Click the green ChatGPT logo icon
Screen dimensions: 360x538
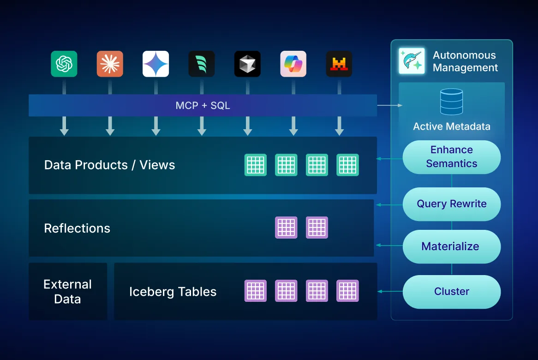click(x=64, y=64)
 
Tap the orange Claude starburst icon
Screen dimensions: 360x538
click(x=110, y=64)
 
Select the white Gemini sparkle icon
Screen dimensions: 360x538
click(x=155, y=64)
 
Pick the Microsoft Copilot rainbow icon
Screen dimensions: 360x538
click(x=293, y=64)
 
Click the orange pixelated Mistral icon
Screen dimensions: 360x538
click(x=339, y=64)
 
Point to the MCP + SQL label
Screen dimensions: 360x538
click(x=203, y=106)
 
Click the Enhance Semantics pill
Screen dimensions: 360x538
click(x=451, y=157)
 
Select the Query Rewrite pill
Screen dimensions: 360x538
click(x=451, y=204)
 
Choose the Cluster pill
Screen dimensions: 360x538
click(x=451, y=292)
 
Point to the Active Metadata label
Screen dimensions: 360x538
click(x=451, y=126)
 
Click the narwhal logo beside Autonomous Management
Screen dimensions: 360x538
click(x=412, y=61)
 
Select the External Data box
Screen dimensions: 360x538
click(x=68, y=291)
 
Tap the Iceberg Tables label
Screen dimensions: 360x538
click(x=173, y=292)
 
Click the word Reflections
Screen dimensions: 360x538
click(x=77, y=228)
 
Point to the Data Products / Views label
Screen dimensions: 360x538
click(x=109, y=165)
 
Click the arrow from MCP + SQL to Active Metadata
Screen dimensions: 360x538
click(x=389, y=106)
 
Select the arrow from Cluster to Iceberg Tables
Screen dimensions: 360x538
click(x=390, y=292)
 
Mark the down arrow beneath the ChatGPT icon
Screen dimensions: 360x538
click(x=64, y=126)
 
